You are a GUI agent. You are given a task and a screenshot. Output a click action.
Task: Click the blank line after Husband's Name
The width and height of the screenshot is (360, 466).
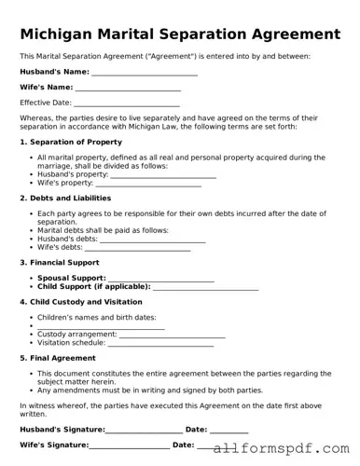pyautogui.click(x=145, y=72)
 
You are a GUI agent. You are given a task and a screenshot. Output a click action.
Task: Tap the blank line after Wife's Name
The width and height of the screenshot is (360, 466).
pyautogui.click(x=128, y=88)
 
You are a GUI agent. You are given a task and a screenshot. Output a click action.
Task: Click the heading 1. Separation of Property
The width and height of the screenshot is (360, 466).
pyautogui.click(x=71, y=142)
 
